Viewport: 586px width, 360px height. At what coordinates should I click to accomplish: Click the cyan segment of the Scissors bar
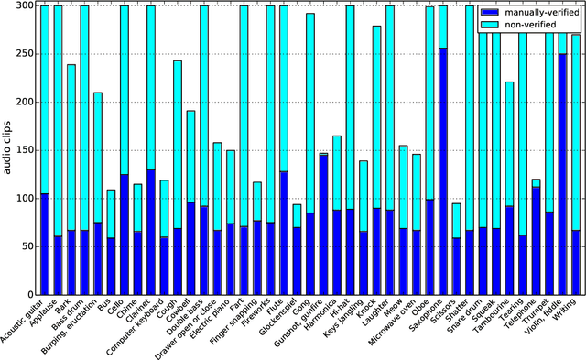click(x=456, y=220)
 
